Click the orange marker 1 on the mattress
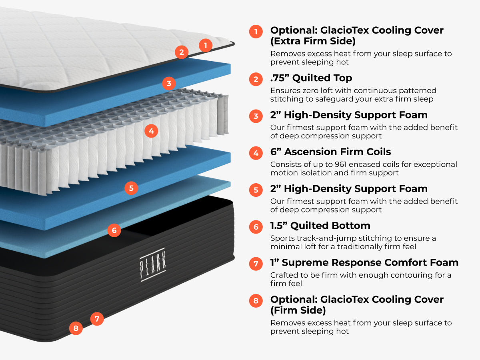pyautogui.click(x=206, y=45)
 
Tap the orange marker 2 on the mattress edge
pyautogui.click(x=182, y=52)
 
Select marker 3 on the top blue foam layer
pyautogui.click(x=169, y=84)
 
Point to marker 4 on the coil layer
pyautogui.click(x=151, y=131)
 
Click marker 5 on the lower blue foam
pyautogui.click(x=131, y=188)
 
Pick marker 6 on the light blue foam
pyautogui.click(x=114, y=230)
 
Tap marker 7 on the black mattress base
pyautogui.click(x=97, y=319)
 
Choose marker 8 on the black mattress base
pyautogui.click(x=76, y=329)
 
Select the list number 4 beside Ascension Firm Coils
pyautogui.click(x=256, y=153)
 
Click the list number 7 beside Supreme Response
pyautogui.click(x=256, y=264)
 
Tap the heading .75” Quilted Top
pyautogui.click(x=311, y=78)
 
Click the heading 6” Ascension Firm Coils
pyautogui.click(x=330, y=152)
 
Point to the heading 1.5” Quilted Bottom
pyautogui.click(x=320, y=226)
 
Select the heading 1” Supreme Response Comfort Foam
pyautogui.click(x=364, y=262)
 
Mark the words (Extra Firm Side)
pyautogui.click(x=313, y=41)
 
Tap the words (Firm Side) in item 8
pyautogui.click(x=298, y=310)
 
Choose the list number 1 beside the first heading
pyautogui.click(x=256, y=31)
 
